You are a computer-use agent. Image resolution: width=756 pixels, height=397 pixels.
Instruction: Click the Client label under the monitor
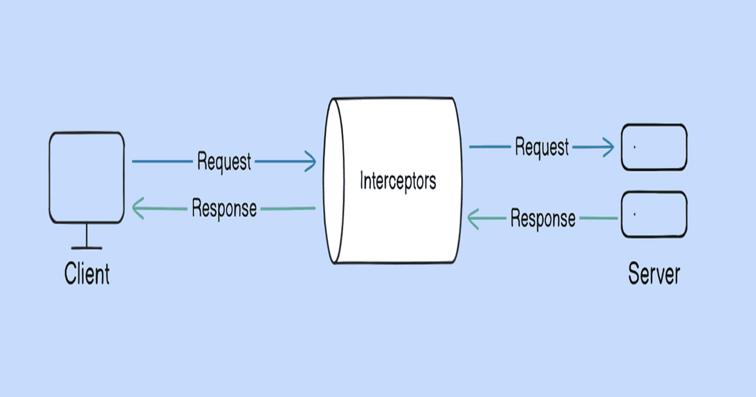pyautogui.click(x=87, y=274)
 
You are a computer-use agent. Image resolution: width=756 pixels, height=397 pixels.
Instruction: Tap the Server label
pyautogui.click(x=654, y=274)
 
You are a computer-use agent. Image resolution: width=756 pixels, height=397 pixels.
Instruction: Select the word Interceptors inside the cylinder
pyautogui.click(x=398, y=181)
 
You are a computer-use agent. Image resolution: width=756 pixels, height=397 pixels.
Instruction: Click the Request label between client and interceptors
pyautogui.click(x=224, y=162)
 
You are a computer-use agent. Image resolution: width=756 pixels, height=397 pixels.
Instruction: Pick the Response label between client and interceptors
pyautogui.click(x=224, y=208)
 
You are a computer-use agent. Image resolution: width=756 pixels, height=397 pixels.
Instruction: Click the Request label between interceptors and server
pyautogui.click(x=542, y=147)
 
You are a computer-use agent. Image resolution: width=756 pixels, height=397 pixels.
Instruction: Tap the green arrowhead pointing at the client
pyautogui.click(x=137, y=208)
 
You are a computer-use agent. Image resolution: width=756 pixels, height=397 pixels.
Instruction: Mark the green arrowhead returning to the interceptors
pyautogui.click(x=472, y=219)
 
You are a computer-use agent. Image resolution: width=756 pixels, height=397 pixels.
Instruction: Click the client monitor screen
pyautogui.click(x=87, y=177)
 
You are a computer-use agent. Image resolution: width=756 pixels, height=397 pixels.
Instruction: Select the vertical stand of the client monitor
pyautogui.click(x=87, y=235)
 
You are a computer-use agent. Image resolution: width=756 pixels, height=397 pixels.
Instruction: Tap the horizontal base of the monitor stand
pyautogui.click(x=87, y=248)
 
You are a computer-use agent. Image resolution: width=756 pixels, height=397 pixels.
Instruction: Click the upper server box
pyautogui.click(x=654, y=147)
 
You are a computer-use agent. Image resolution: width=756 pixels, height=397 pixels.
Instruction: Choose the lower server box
pyautogui.click(x=654, y=214)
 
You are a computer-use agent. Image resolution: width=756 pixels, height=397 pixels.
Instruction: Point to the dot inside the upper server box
pyautogui.click(x=634, y=147)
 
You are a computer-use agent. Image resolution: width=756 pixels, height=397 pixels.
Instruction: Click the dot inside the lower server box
pyautogui.click(x=634, y=214)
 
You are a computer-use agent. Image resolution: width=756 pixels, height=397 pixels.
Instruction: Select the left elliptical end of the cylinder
pyautogui.click(x=334, y=181)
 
